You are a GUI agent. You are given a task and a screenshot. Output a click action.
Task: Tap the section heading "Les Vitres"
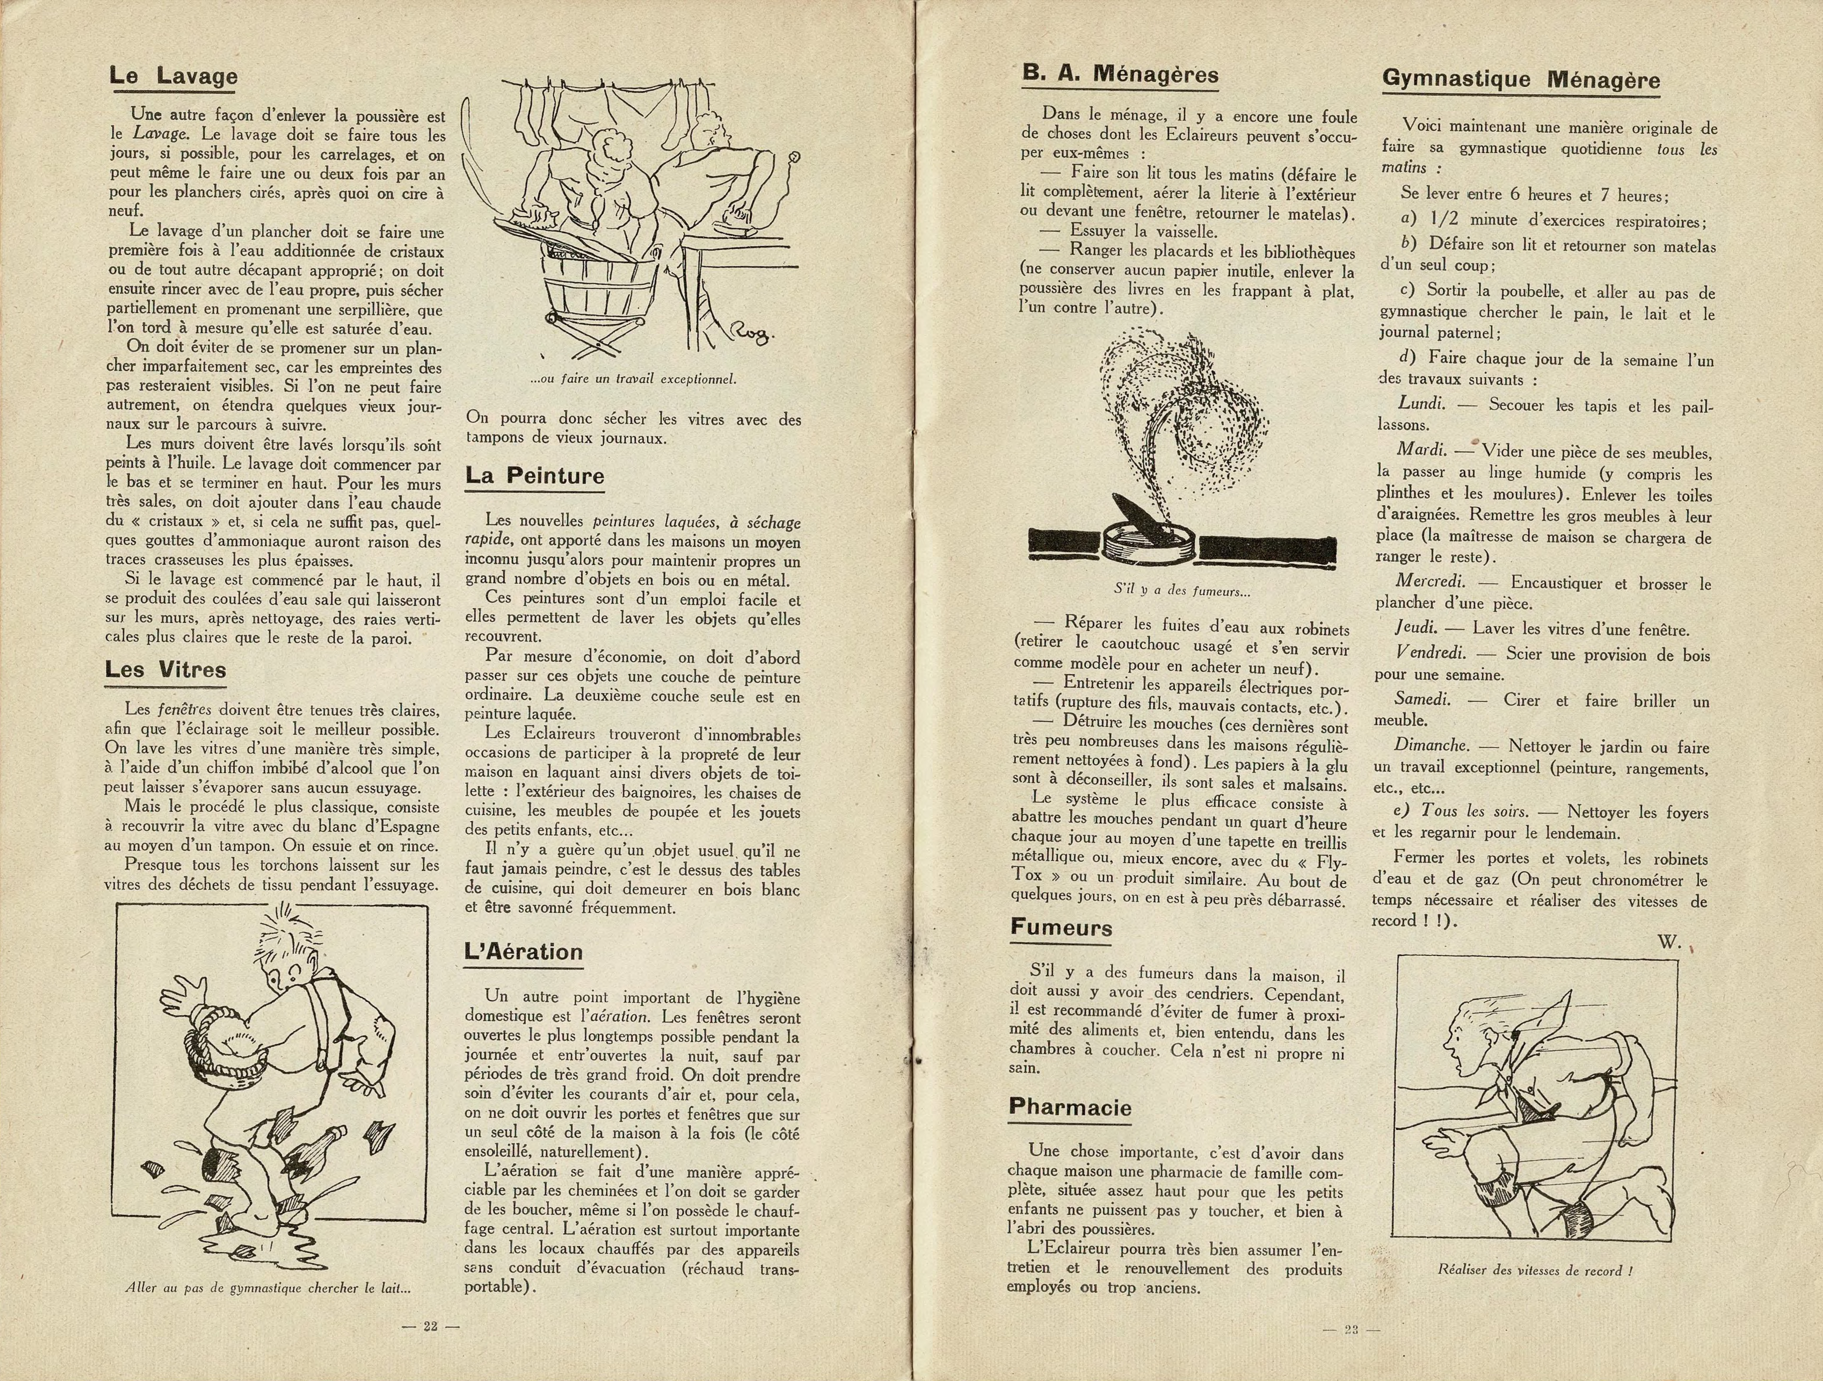166,669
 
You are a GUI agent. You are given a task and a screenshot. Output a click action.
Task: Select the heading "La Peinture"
534,475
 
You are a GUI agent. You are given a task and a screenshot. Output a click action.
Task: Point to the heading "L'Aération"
523,952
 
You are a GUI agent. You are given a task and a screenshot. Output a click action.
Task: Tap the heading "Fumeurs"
1062,927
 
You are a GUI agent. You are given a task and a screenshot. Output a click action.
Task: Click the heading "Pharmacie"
1070,1107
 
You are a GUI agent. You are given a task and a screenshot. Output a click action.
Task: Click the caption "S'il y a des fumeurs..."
1182,590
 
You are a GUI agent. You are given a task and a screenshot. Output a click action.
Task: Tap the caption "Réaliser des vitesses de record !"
1535,1270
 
